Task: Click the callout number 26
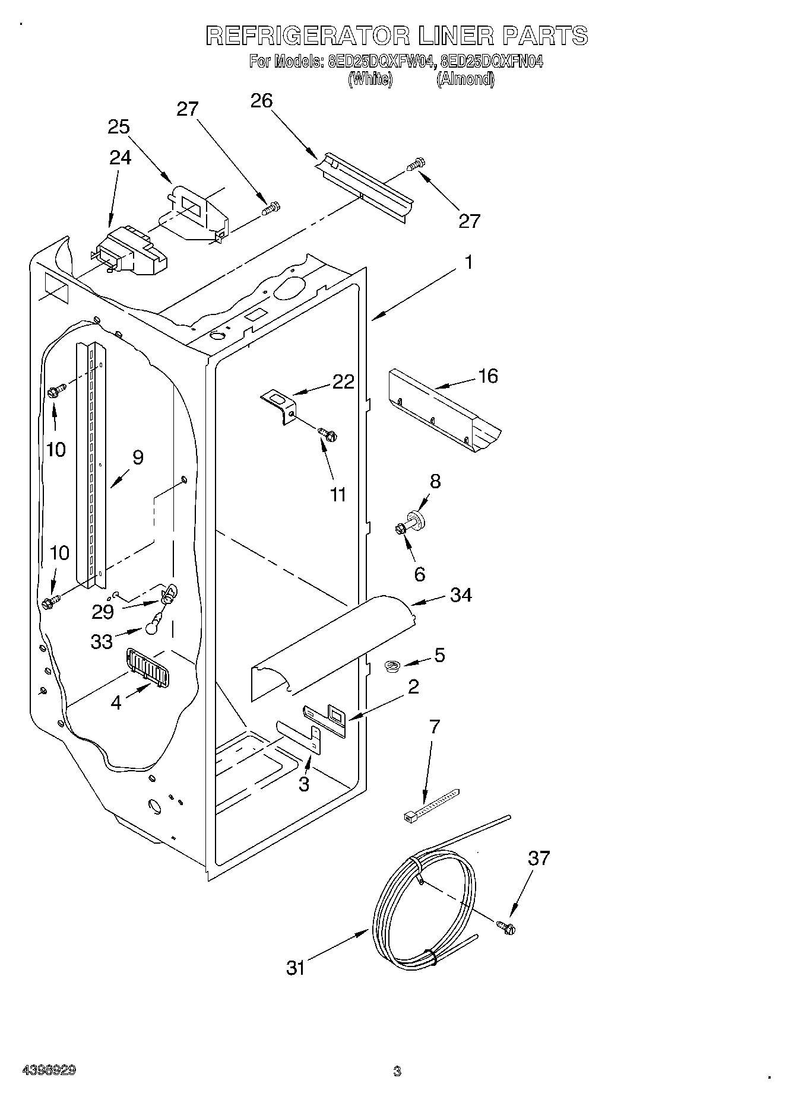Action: [x=261, y=101]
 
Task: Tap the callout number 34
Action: [x=461, y=594]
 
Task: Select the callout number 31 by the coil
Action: [x=296, y=968]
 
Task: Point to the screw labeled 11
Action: [x=328, y=435]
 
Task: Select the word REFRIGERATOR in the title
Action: [x=308, y=36]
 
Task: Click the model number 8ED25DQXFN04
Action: [x=492, y=62]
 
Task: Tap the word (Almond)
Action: [x=465, y=80]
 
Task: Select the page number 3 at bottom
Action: [x=397, y=1071]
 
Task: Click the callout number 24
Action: [x=121, y=157]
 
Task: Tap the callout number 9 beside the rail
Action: [x=138, y=457]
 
